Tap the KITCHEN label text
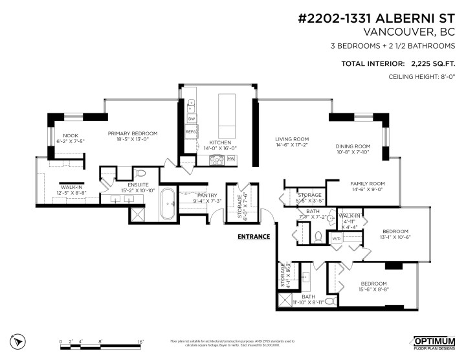click(220, 142)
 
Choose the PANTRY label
click(207, 195)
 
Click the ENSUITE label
click(138, 185)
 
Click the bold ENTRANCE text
click(254, 236)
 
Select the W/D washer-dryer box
click(337, 238)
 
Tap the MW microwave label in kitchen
click(231, 158)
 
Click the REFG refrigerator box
click(191, 131)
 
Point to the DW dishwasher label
click(191, 119)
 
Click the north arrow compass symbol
click(19, 340)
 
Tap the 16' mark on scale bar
click(140, 341)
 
